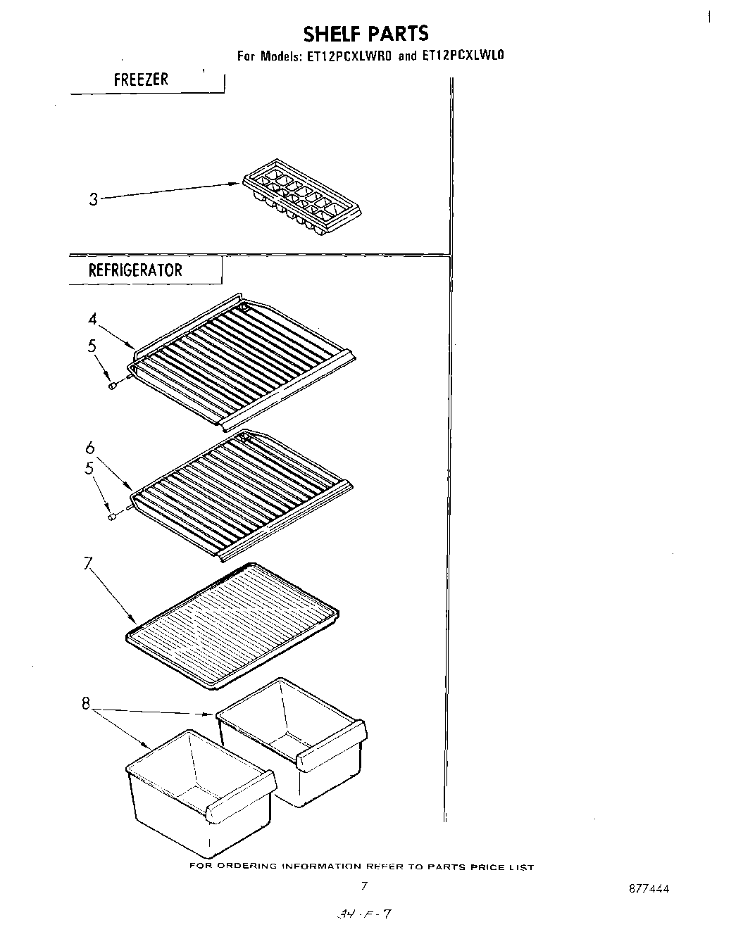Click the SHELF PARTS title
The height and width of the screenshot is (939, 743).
click(x=365, y=34)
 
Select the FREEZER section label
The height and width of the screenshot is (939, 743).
click(x=141, y=80)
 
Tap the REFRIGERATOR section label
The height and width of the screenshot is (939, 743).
click(x=135, y=270)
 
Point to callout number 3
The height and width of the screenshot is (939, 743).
click(x=93, y=199)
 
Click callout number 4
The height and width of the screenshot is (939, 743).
click(x=92, y=319)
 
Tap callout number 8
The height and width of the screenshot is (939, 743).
click(x=85, y=702)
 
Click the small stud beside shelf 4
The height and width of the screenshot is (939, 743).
click(x=112, y=385)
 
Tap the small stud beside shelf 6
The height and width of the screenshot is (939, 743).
click(x=111, y=517)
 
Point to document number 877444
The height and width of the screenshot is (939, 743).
click(x=648, y=888)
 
